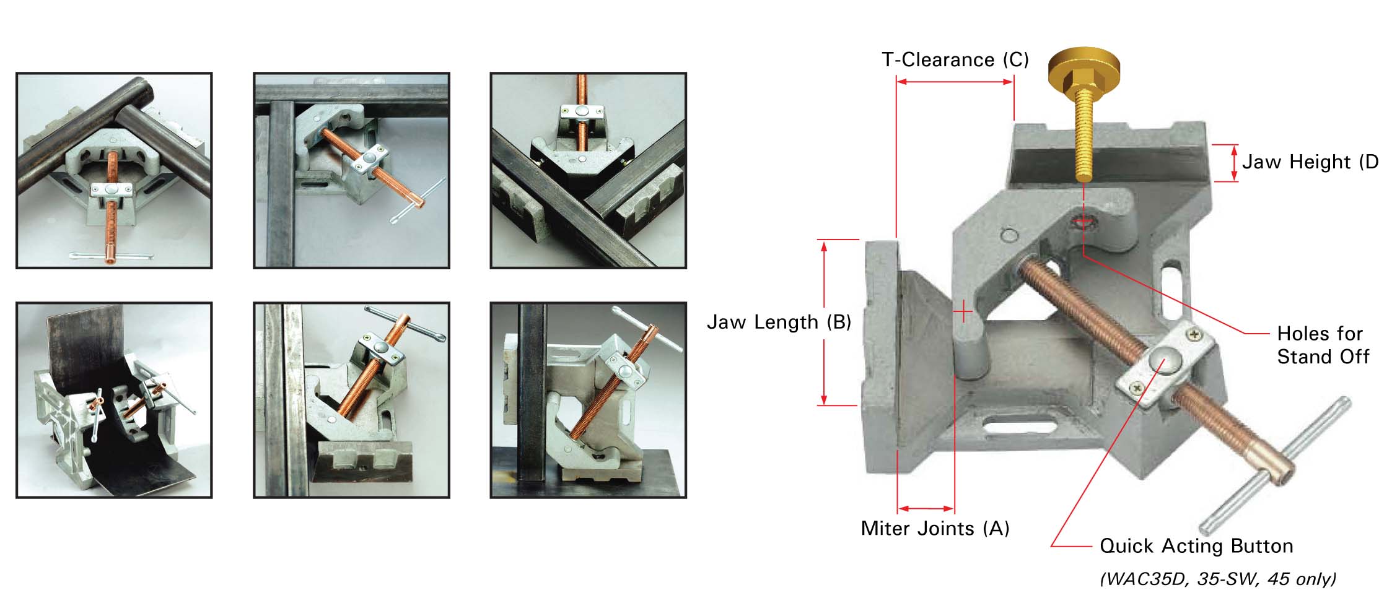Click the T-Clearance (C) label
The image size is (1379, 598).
(x=955, y=60)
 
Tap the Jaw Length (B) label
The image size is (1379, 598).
(x=779, y=322)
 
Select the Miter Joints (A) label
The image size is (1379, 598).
(x=935, y=528)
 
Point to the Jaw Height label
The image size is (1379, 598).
(x=1310, y=162)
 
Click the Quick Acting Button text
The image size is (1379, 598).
(x=1196, y=546)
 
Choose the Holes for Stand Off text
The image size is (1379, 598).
(x=1323, y=345)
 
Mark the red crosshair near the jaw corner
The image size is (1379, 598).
(x=963, y=311)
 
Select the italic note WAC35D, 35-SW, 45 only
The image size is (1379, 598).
(x=1218, y=579)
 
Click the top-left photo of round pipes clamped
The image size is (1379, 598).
(x=114, y=170)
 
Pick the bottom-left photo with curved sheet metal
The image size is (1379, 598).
(x=114, y=400)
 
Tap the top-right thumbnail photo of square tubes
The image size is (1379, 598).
(x=588, y=170)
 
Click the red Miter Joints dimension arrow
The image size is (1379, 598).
(x=926, y=509)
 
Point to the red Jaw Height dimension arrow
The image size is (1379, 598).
(x=1234, y=163)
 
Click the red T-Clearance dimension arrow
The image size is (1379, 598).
(x=955, y=81)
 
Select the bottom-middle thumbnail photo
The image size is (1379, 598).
(x=351, y=400)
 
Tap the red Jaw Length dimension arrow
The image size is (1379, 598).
(x=824, y=323)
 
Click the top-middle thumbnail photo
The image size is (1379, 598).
(x=351, y=170)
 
